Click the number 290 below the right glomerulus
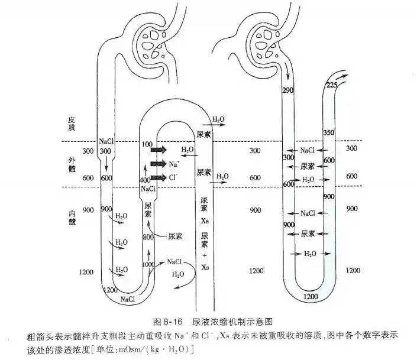point(288,90)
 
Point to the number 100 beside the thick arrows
point(147,144)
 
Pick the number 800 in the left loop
point(148,236)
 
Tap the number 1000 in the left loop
point(148,264)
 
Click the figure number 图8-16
point(167,322)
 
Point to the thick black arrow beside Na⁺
point(158,164)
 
